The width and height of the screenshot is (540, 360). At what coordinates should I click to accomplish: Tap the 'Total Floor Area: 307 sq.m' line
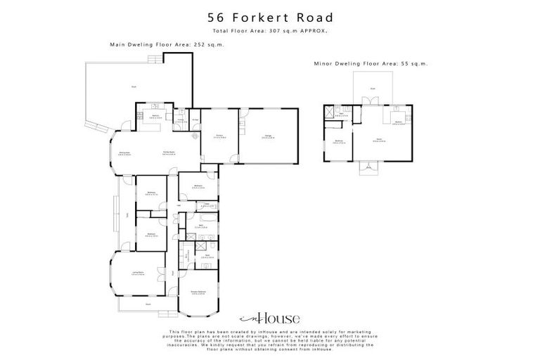[x=269, y=32]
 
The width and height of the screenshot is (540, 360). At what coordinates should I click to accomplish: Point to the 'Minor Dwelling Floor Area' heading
[x=371, y=63]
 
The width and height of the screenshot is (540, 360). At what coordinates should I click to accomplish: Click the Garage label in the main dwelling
[x=268, y=136]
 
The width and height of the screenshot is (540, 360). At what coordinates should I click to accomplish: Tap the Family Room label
[x=169, y=153]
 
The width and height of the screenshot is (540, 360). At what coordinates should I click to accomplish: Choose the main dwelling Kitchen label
[x=152, y=116]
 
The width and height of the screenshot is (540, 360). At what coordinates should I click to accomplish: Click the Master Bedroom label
[x=198, y=291]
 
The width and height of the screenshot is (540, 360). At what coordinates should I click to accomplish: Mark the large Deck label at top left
[x=133, y=87]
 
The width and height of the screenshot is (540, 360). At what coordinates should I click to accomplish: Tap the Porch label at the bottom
[x=148, y=304]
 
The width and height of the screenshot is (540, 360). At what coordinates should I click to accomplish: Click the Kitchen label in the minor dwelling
[x=398, y=122]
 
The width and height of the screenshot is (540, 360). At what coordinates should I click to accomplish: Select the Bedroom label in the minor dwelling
[x=338, y=141]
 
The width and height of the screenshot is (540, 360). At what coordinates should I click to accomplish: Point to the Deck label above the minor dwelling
[x=373, y=89]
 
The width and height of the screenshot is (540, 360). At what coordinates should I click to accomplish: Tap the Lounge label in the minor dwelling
[x=378, y=140]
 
